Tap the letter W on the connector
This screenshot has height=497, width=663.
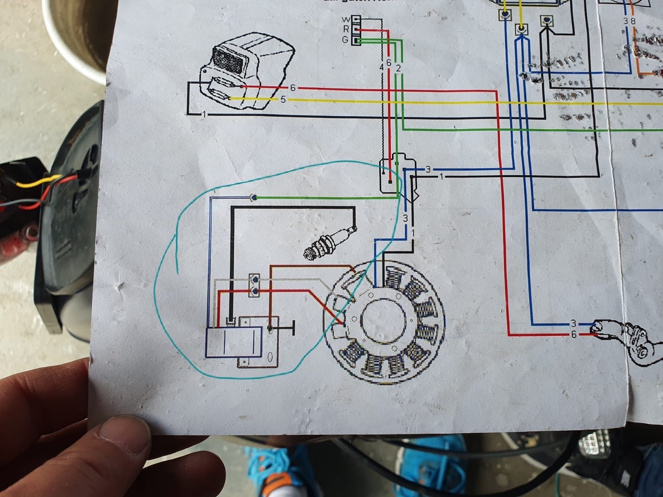point(345,20)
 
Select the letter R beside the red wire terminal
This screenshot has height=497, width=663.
point(345,29)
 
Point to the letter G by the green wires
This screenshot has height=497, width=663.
point(345,40)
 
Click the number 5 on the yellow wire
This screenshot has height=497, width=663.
point(283,100)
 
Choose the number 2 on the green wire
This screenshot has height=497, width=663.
point(398,68)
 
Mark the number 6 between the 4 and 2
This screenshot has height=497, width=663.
point(389,63)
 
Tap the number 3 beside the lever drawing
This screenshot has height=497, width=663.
point(573,323)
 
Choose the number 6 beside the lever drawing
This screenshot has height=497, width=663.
point(573,335)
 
